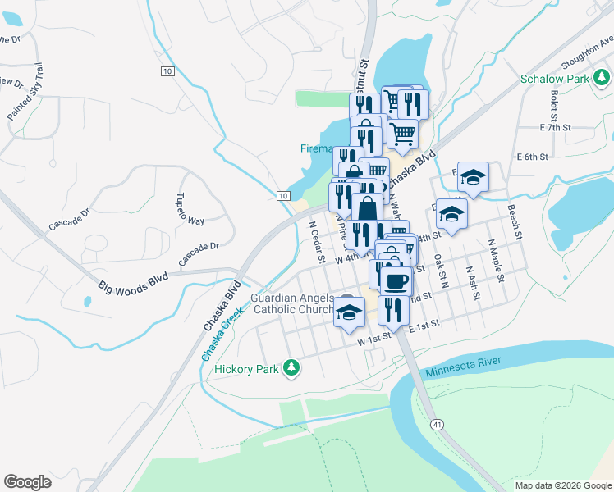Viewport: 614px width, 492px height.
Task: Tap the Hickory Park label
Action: [246, 369]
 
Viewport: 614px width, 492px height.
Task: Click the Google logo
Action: [28, 481]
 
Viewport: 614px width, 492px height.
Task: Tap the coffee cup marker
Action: [396, 280]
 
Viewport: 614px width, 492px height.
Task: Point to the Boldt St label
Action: [555, 102]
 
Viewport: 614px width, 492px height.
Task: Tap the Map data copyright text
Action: [562, 485]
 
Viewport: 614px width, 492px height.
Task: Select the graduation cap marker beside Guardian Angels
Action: [349, 312]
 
